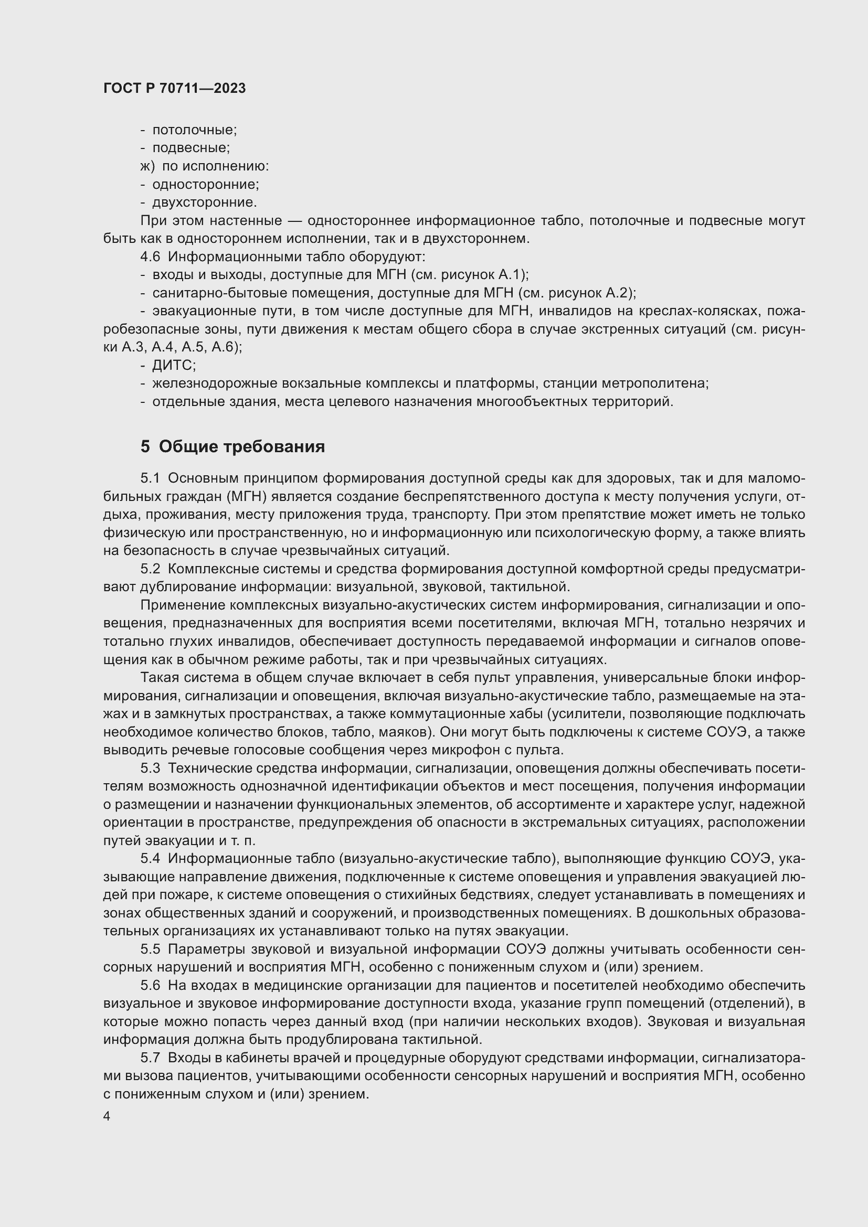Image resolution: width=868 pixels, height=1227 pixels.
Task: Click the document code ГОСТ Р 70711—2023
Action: click(x=174, y=89)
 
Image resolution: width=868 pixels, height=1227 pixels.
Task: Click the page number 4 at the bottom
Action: click(x=107, y=1116)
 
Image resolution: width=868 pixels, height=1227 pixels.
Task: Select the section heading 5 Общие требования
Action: click(x=232, y=446)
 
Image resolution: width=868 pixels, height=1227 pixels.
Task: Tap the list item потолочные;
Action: click(x=195, y=130)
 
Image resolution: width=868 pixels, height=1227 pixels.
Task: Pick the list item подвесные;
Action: click(x=191, y=148)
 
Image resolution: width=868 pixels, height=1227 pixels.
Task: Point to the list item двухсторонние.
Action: click(x=204, y=202)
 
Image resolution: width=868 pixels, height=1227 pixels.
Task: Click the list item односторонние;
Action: click(x=205, y=184)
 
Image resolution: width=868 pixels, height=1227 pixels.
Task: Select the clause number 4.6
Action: click(x=150, y=257)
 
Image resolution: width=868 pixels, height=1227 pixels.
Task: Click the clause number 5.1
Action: click(x=150, y=478)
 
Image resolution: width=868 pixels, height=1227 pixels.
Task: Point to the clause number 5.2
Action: click(x=150, y=569)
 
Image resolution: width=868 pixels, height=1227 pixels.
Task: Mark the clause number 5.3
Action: click(x=150, y=769)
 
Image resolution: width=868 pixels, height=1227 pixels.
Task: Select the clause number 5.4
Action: click(x=150, y=859)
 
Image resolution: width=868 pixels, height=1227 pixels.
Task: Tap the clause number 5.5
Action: click(x=150, y=949)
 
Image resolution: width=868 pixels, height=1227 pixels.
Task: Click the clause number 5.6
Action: click(x=150, y=986)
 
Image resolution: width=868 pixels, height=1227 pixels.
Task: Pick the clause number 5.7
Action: click(x=150, y=1058)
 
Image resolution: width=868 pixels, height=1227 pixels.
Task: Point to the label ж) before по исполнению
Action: click(x=147, y=166)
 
